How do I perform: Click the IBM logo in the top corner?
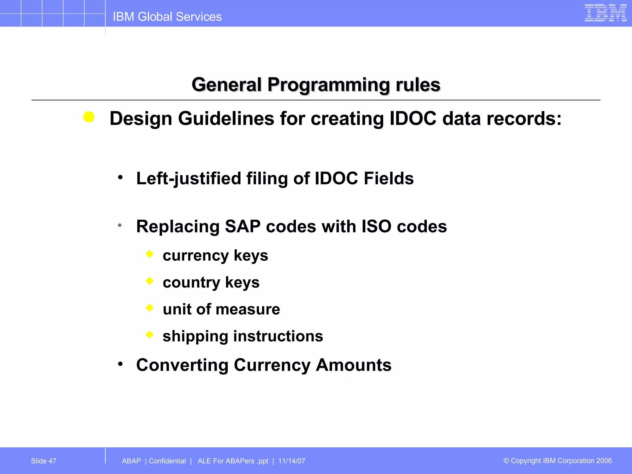605,13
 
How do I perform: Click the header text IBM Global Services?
167,17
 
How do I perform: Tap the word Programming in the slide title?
328,85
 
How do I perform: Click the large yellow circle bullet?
89,117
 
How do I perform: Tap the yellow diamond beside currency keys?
150,254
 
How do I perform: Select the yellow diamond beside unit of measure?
150,308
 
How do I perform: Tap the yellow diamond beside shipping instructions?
150,335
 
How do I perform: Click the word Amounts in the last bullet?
353,365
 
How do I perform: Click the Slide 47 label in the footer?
44,461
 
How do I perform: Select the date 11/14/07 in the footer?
292,461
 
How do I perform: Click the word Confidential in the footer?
167,461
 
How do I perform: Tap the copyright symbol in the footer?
506,461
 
